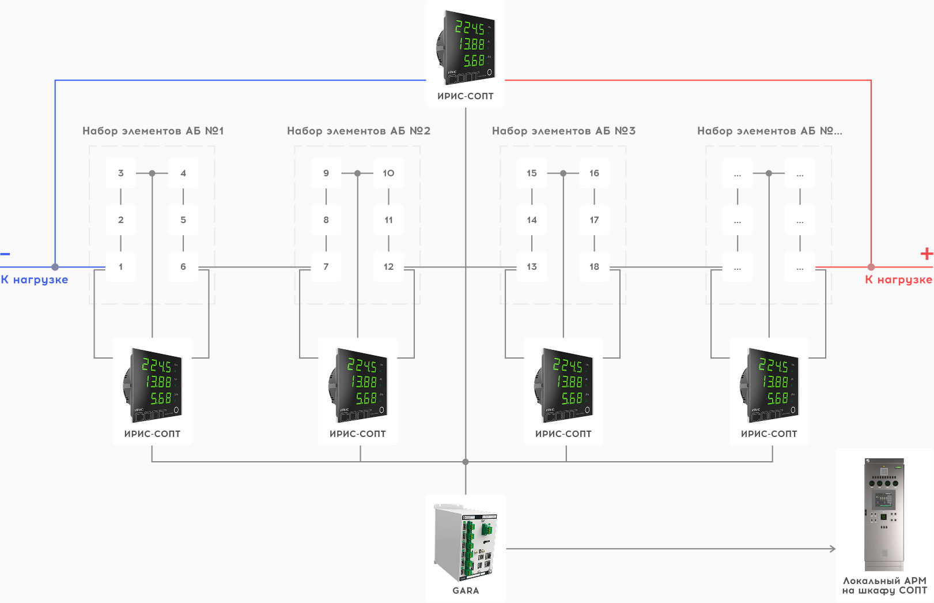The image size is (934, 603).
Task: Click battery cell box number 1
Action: [x=120, y=267]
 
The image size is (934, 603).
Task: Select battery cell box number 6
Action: [x=183, y=267]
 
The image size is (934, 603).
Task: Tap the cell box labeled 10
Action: [x=388, y=174]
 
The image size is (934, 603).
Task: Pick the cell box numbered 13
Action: [x=531, y=267]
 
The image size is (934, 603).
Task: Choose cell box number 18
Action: [x=594, y=267]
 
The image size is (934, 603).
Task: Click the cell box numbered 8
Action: [x=326, y=220]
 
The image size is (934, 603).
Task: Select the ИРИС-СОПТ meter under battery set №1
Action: [x=152, y=385]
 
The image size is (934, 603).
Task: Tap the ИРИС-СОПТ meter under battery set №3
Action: [x=564, y=385]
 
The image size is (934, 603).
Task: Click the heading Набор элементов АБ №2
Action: [x=358, y=131]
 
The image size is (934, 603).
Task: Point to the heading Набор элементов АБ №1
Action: [x=153, y=131]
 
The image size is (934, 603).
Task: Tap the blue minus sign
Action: [x=5, y=254]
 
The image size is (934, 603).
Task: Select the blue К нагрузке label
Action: [x=35, y=280]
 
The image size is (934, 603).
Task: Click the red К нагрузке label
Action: [x=898, y=280]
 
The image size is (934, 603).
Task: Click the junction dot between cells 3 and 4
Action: [x=152, y=173]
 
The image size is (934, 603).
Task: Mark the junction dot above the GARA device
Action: [x=466, y=462]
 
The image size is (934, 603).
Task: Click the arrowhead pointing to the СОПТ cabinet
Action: [x=833, y=549]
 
